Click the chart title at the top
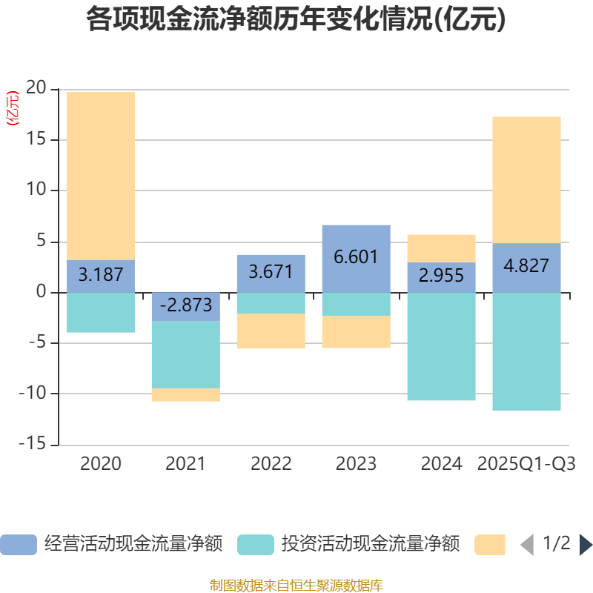[296, 19]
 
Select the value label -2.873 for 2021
[186, 305]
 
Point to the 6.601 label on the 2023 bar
[357, 257]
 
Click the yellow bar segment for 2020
[101, 175]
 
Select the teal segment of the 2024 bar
[441, 346]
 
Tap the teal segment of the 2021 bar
[186, 354]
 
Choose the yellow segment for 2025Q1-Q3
[526, 179]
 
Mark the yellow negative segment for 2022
[271, 331]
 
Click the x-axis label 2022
[271, 464]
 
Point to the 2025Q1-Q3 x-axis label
[526, 464]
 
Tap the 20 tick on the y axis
[36, 89]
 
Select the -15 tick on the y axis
[33, 445]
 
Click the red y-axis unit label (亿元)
[13, 108]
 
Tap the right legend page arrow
[586, 545]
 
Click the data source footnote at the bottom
[296, 585]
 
